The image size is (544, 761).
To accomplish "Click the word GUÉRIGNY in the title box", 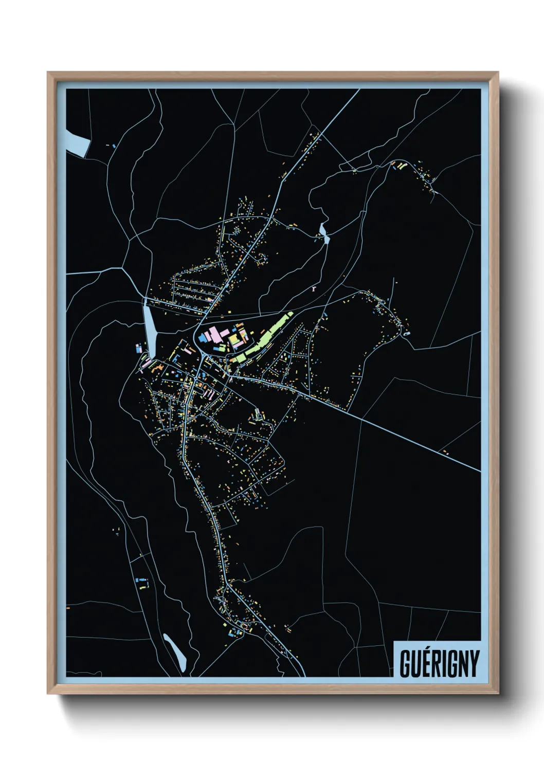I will [439, 663].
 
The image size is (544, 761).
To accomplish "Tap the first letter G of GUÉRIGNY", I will [405, 664].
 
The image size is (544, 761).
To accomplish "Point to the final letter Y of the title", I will [474, 664].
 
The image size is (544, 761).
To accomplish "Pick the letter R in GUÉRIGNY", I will [434, 664].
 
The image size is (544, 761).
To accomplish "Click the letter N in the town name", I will [463, 664].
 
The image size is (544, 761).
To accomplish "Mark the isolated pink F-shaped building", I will [313, 289].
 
